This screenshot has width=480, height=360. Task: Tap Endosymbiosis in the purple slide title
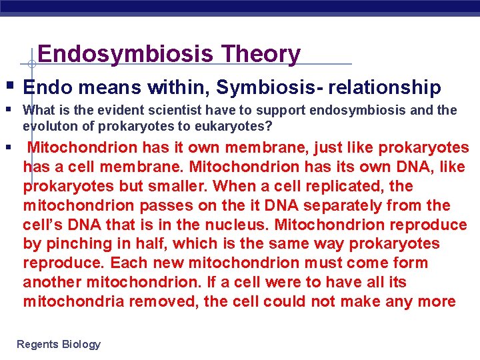click(x=127, y=53)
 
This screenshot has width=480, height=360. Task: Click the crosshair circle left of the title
click(x=31, y=64)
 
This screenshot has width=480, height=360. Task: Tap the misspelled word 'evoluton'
click(x=45, y=126)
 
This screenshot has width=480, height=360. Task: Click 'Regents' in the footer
click(x=37, y=344)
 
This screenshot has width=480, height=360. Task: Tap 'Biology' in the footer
click(x=81, y=344)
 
